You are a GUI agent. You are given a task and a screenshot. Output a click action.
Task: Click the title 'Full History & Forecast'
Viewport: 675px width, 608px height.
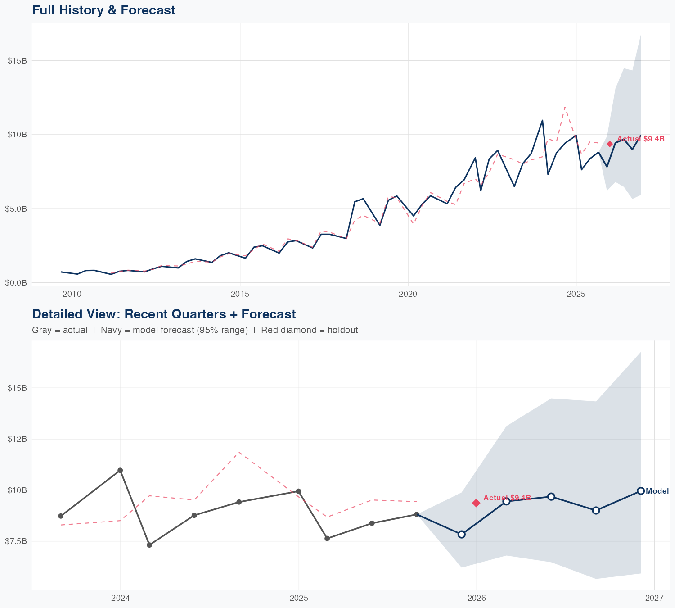coord(103,10)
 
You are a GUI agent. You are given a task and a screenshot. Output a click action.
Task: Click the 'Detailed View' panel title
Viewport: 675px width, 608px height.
coord(164,314)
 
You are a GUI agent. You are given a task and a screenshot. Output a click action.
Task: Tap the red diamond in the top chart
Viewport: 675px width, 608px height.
coord(610,144)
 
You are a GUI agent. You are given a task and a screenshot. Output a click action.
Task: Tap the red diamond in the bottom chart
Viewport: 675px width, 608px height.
coord(477,503)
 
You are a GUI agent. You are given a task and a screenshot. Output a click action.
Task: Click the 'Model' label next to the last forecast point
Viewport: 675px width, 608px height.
coord(657,491)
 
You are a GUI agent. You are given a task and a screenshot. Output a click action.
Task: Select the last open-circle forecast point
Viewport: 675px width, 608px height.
coord(641,491)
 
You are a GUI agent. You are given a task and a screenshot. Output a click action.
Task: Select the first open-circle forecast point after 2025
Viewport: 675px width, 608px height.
coord(461,534)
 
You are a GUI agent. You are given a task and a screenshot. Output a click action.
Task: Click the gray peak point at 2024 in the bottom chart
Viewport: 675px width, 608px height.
coord(120,470)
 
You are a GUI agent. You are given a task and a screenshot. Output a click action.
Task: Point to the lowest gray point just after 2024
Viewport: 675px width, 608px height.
coord(149,545)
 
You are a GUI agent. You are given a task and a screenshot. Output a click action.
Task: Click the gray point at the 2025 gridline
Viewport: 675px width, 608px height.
coord(298,491)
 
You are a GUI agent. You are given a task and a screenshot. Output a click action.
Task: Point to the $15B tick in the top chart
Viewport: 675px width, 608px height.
coord(18,61)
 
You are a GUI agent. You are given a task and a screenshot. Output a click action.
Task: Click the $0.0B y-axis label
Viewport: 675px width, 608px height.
coord(16,283)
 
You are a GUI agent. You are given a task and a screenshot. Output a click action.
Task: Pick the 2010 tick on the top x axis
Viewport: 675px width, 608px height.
coord(72,295)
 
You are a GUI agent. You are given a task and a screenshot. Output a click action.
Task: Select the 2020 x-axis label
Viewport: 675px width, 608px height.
coord(408,295)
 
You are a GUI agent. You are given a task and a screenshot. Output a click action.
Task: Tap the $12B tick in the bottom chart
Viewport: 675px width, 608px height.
coord(18,439)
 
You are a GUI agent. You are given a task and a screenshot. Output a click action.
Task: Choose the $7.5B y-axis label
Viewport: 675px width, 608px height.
coord(16,541)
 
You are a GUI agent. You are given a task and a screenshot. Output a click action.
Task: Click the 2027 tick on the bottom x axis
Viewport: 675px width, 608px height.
coord(654,598)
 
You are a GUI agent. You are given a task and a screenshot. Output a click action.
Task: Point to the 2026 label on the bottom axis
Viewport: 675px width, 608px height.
coord(477,598)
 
